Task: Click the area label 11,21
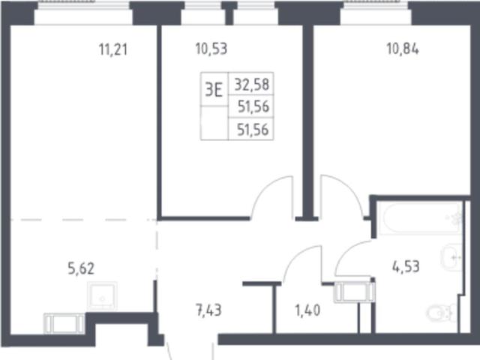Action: [113, 49]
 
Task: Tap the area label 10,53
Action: [211, 49]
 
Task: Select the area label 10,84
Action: [403, 49]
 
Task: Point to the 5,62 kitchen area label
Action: [81, 268]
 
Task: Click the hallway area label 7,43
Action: [208, 310]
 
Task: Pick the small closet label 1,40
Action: [307, 310]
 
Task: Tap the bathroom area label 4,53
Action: [406, 267]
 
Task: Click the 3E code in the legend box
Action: [214, 90]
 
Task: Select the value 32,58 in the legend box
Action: [252, 85]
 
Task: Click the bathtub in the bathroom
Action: [420, 218]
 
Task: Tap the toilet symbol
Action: [440, 313]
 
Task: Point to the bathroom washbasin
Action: [451, 258]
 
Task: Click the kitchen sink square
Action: [102, 296]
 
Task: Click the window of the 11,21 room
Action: [83, 13]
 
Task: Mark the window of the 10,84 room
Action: [376, 13]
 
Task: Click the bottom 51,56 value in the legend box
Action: [253, 130]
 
